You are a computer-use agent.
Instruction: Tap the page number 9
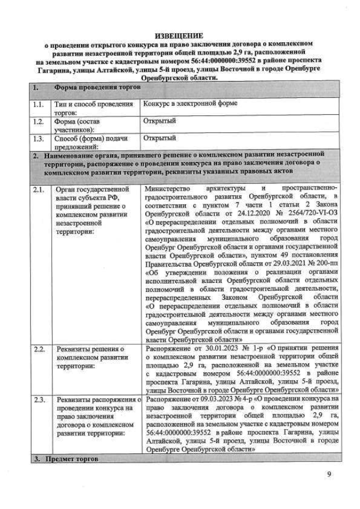pyautogui.click(x=328, y=474)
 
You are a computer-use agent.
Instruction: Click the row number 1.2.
pyautogui.click(x=38, y=121)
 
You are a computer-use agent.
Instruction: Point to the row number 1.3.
pyautogui.click(x=38, y=138)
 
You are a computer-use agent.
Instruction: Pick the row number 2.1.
pyautogui.click(x=38, y=190)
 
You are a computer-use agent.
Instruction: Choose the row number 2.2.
pyautogui.click(x=38, y=350)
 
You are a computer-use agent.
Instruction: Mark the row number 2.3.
pyautogui.click(x=38, y=399)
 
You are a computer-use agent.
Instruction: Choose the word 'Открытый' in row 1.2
pyautogui.click(x=160, y=121)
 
